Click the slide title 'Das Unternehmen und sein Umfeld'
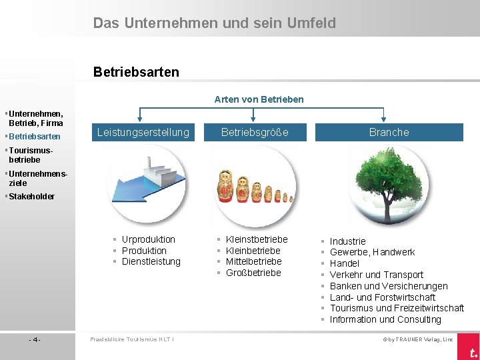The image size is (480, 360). pos(214,23)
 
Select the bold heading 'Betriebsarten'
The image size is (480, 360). pos(136,71)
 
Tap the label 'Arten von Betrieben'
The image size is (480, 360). pos(259,99)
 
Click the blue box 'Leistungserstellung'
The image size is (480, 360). pos(143,132)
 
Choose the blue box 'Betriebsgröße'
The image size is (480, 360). pos(255,132)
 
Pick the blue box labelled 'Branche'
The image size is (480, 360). pos(389,132)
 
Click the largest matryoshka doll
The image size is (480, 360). pos(225,186)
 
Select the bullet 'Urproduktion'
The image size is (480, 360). pos(148,239)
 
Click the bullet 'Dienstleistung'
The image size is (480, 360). pos(151,261)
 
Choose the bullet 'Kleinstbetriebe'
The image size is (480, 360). pos(257,239)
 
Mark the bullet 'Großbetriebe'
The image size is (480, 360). pos(253,273)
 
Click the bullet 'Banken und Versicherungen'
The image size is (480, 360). pos(389,286)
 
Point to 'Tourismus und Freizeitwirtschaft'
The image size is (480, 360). pos(397,308)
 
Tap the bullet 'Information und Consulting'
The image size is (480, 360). pos(385,319)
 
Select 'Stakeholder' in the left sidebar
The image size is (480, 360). pos(31,197)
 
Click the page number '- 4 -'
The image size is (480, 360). pos(35,340)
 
